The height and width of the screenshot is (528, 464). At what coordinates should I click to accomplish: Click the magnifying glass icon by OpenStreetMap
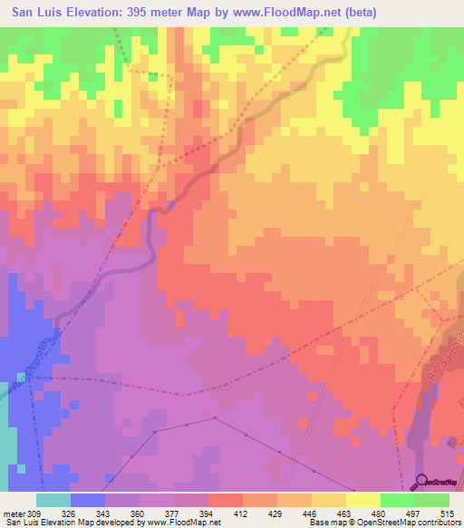tap(420, 481)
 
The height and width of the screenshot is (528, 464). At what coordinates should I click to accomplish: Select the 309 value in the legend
tap(35, 513)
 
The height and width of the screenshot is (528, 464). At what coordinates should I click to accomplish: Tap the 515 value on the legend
tap(449, 513)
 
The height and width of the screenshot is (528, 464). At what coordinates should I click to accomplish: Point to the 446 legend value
tap(312, 513)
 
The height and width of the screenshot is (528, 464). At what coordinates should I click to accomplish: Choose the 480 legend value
tap(380, 513)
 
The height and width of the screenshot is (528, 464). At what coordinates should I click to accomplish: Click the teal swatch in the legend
tap(53, 500)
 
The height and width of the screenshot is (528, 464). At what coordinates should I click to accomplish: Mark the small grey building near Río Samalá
tap(451, 442)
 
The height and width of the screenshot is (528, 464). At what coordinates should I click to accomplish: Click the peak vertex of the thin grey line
tap(216, 418)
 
